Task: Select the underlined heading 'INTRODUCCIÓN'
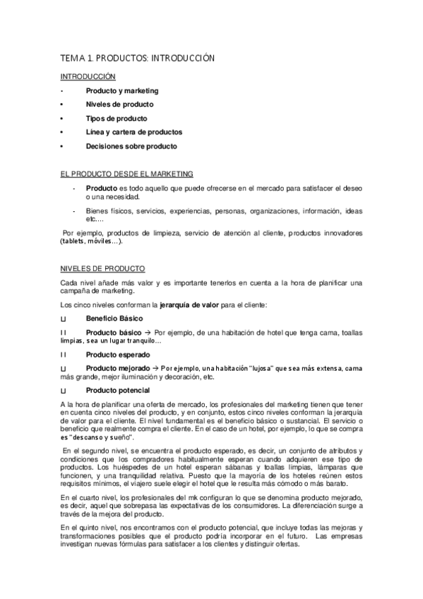tap(88, 76)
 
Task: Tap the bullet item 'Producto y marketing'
tap(121, 91)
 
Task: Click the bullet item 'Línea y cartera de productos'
tap(133, 132)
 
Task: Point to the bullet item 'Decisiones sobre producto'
tap(131, 146)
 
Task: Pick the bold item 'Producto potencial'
tap(117, 390)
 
